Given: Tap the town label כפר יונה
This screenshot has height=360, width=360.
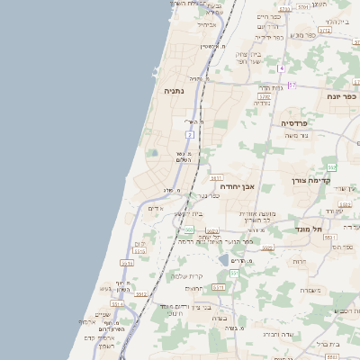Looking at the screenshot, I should pos(342,96).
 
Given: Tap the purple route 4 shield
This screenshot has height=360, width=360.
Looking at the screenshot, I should pos(281,68).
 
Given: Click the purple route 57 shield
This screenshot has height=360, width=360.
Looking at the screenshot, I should pos(292,85).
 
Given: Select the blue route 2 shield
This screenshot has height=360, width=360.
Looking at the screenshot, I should pos(190,133).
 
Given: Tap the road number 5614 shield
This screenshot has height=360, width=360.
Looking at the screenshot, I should pos(119,304).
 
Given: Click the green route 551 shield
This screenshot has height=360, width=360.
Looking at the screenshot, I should pos(233,272).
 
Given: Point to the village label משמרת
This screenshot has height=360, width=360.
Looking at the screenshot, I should pos(311,290).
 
